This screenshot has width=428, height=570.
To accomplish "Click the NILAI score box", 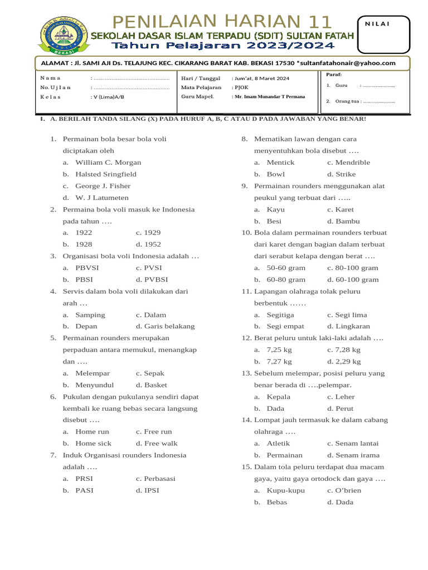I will [385, 33].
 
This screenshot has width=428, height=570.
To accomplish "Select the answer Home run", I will [92, 431].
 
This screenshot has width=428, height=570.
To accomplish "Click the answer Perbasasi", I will [155, 479].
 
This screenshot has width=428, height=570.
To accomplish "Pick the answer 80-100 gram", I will [352, 268].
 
